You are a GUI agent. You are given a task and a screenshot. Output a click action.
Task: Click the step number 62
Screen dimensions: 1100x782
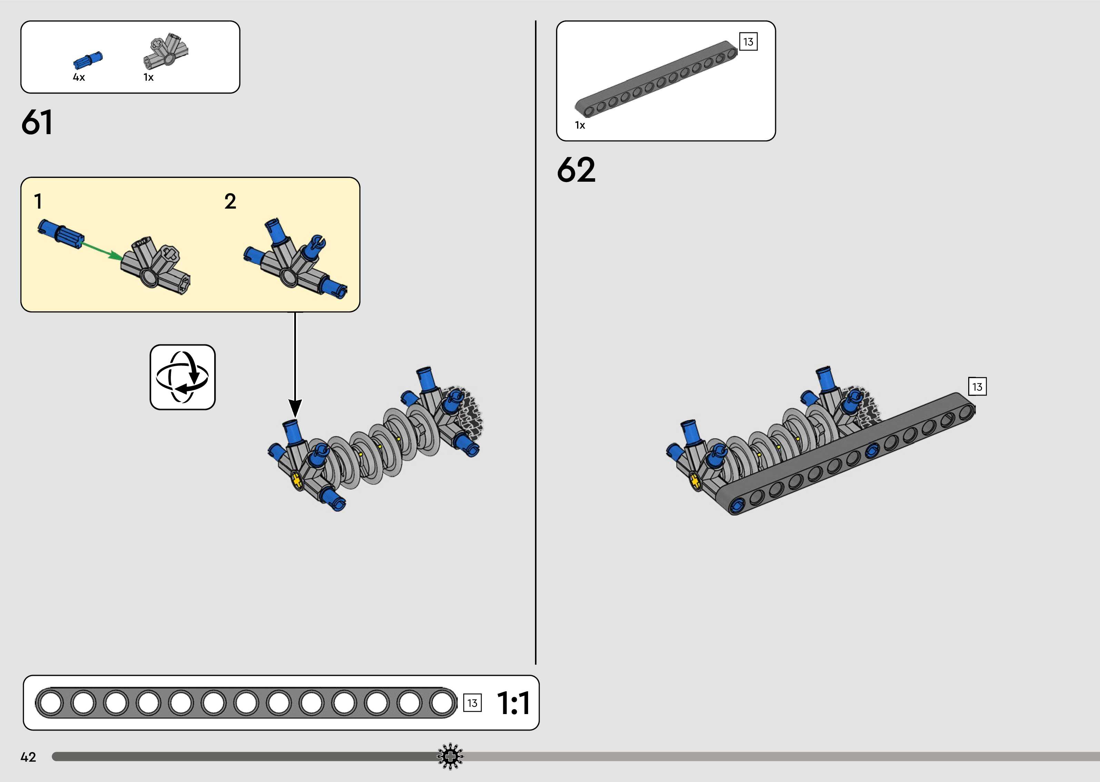pos(576,170)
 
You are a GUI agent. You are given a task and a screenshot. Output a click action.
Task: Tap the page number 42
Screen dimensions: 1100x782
pos(28,757)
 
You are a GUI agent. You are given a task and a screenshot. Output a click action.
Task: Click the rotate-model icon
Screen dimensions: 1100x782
pos(182,377)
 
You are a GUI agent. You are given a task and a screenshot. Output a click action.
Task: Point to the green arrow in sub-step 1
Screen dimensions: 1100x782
pos(102,250)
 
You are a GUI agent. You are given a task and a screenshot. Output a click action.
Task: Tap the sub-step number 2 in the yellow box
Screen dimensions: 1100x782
pos(230,201)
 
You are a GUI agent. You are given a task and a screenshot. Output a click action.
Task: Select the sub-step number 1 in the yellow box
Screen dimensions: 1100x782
pos(38,201)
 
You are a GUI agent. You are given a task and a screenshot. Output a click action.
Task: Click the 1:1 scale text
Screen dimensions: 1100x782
pos(513,703)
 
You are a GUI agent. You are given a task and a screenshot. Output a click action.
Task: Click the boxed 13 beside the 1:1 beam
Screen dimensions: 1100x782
pos(472,703)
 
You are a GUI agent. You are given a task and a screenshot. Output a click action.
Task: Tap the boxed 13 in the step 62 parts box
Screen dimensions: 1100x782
pos(748,42)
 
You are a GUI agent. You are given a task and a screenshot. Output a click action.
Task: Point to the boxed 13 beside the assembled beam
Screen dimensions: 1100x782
pos(977,387)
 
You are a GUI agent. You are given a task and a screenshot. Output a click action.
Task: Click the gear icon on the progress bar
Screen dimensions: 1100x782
pos(450,756)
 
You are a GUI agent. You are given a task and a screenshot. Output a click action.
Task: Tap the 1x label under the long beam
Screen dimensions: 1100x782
pos(580,125)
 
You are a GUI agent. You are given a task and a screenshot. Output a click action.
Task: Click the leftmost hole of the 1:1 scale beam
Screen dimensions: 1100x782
pos(50,703)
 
